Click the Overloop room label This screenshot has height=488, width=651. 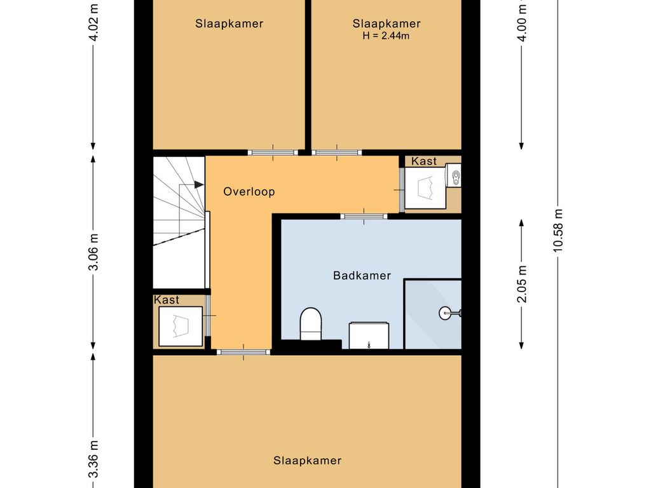pyautogui.click(x=249, y=191)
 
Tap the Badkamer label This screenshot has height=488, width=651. pyautogui.click(x=362, y=276)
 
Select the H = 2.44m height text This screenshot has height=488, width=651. pyautogui.click(x=386, y=36)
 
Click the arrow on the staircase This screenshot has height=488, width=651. pyautogui.click(x=198, y=185)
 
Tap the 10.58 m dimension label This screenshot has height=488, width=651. pyautogui.click(x=558, y=231)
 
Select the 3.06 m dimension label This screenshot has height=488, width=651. pyautogui.click(x=93, y=252)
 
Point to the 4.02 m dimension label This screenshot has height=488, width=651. pyautogui.click(x=93, y=22)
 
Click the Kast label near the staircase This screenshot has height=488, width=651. pyautogui.click(x=167, y=300)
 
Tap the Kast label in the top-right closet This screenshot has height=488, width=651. pyautogui.click(x=424, y=161)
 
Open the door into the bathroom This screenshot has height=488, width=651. pyautogui.click(x=364, y=216)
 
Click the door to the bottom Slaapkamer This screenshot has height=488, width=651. pyautogui.click(x=243, y=352)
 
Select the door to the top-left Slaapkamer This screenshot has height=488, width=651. pyautogui.click(x=273, y=152)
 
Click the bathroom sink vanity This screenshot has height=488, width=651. pyautogui.click(x=368, y=335)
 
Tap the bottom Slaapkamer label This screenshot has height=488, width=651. pyautogui.click(x=307, y=461)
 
